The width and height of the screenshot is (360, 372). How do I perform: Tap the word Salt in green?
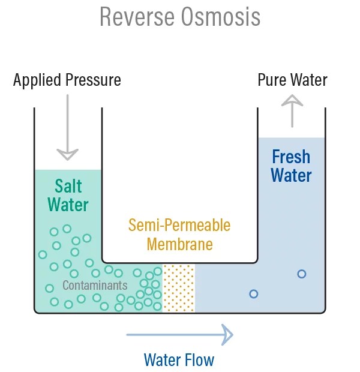pos(68,185)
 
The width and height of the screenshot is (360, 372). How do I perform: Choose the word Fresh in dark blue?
pos(291,157)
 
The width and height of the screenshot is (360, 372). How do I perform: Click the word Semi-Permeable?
pos(179,226)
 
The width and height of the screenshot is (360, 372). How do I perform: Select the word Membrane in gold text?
pos(179,245)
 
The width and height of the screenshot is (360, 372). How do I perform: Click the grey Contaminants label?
pos(95,285)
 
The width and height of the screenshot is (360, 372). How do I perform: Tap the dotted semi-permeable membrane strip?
pos(179,288)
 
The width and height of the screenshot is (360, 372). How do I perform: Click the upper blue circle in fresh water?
pos(302,274)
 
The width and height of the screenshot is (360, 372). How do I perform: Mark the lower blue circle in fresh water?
pos(254,294)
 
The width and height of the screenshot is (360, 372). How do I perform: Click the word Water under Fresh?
pos(291,175)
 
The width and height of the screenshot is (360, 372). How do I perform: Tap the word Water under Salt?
pos(68,204)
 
